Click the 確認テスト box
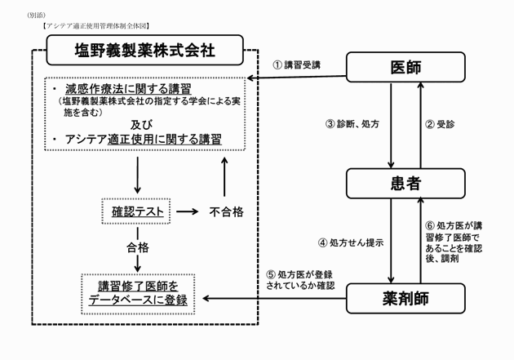135,212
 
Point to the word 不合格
225,212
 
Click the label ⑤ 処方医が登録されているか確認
301,279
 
